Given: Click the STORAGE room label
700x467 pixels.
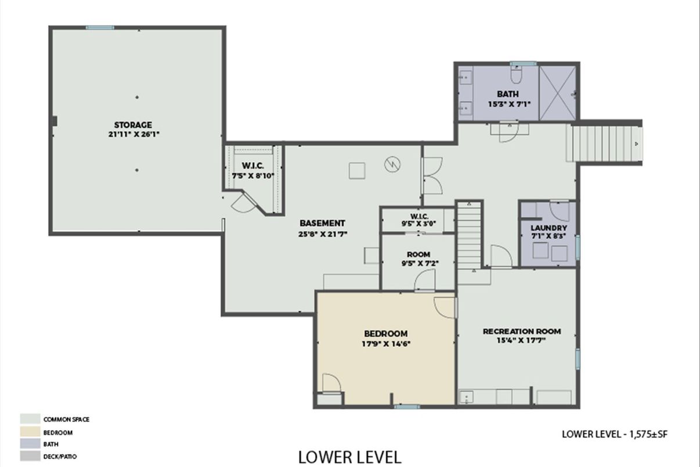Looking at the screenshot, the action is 133,125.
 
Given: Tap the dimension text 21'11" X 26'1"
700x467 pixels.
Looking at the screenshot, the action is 133,135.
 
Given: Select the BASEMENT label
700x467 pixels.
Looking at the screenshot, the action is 323,223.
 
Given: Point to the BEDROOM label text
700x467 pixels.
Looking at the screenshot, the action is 386,334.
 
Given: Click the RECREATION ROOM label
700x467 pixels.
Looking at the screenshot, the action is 522,332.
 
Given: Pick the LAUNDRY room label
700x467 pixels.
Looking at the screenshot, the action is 549,228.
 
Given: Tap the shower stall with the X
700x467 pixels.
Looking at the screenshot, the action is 558,93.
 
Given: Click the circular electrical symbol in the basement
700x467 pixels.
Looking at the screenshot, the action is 392,164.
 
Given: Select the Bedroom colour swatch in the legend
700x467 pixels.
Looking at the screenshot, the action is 30,432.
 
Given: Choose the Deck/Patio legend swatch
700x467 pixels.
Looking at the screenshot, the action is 30,456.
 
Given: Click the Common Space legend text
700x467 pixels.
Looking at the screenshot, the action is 66,419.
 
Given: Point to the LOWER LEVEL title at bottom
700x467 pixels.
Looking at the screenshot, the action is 349,457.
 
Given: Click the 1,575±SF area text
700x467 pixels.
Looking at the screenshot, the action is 648,434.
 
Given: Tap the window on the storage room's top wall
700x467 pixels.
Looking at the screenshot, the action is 100,27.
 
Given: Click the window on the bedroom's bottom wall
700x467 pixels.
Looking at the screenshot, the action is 407,407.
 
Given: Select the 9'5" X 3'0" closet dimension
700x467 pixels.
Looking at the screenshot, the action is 418,224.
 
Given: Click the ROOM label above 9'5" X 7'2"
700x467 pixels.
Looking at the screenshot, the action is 418,254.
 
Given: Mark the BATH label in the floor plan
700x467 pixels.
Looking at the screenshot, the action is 508,94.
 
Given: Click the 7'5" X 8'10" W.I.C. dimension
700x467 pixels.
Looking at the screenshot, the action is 253,175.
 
